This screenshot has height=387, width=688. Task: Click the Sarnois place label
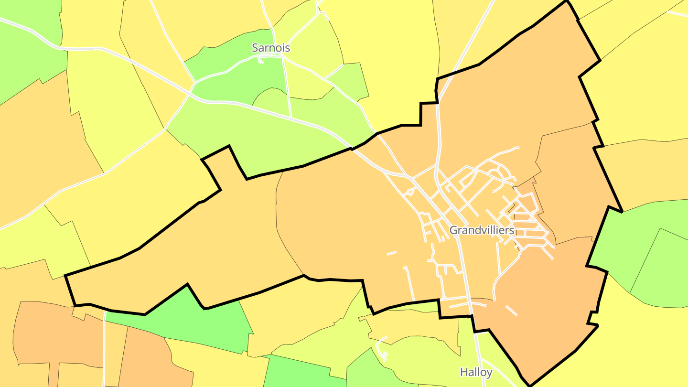(271, 48)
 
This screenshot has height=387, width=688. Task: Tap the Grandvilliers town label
(482, 230)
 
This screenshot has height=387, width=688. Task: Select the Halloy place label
(476, 372)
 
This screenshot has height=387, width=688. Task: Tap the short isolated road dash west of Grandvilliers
(392, 253)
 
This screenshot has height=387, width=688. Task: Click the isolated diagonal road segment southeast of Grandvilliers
(511, 311)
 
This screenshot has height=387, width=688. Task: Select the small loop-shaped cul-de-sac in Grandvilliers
(408, 192)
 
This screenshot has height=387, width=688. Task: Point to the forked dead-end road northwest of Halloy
(382, 349)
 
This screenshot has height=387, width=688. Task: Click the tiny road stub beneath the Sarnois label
(260, 60)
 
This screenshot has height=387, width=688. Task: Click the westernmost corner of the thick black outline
(65, 276)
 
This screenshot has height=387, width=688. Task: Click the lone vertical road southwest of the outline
(104, 349)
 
